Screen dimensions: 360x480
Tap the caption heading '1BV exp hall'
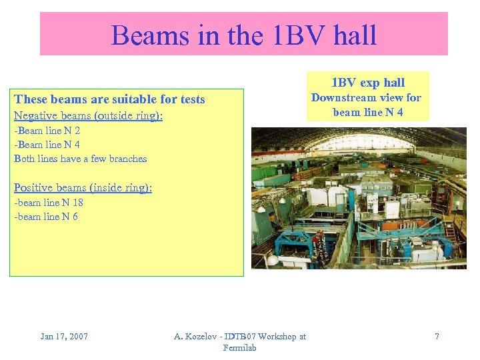368,83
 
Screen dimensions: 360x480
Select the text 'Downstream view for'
366,97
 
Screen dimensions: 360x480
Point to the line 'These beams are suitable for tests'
110,99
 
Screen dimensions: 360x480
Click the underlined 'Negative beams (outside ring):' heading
88,116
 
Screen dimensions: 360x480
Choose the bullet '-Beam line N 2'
47,131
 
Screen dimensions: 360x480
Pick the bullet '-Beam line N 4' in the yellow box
47,145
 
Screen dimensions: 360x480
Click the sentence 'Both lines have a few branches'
81,159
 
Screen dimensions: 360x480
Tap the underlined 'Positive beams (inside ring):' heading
83,187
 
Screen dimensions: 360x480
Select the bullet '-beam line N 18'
49,203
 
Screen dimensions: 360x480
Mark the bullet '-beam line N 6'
46,217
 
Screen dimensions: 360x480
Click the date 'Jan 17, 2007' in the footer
64,336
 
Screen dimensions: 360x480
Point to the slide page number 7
437,336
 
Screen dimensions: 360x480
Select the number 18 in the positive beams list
77,203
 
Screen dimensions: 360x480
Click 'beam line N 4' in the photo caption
368,112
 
